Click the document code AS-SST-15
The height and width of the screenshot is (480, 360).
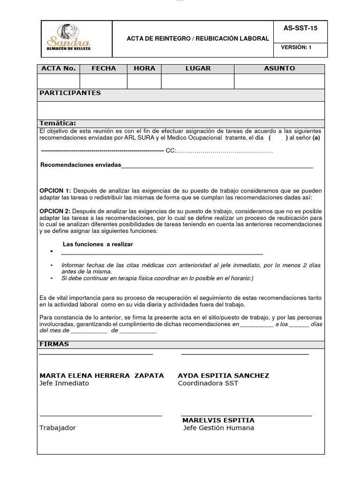tap(300, 28)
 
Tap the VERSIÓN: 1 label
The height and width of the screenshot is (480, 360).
tap(296, 47)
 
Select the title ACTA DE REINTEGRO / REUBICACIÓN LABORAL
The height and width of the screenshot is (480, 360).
tap(198, 38)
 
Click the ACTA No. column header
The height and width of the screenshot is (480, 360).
tap(59, 68)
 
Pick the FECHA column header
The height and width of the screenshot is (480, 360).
tap(104, 68)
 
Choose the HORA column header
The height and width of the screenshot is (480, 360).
tap(144, 68)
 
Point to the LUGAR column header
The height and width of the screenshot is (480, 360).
tap(198, 68)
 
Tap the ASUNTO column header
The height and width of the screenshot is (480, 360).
tap(279, 68)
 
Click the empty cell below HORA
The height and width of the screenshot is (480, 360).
tap(144, 81)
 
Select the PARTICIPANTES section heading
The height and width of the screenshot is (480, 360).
tap(70, 93)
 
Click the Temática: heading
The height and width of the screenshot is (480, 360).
tap(58, 123)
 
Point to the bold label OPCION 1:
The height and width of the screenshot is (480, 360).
tap(55, 190)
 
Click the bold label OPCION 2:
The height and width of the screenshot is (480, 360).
tap(55, 211)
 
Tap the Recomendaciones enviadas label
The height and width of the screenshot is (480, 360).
tap(81, 165)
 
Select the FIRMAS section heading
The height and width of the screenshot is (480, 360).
tap(54, 344)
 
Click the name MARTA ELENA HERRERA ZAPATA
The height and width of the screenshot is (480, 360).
tap(102, 375)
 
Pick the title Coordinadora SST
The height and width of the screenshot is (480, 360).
tap(208, 383)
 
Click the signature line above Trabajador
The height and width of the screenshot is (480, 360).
tap(100, 415)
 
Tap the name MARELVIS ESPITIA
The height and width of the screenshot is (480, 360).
tap(218, 420)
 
